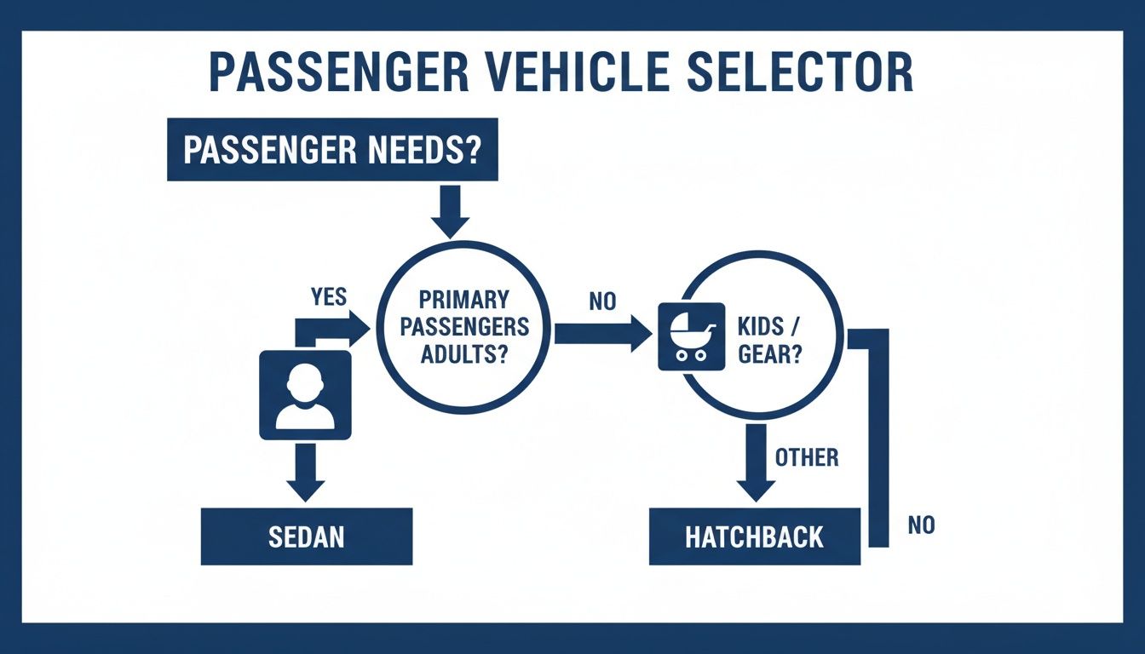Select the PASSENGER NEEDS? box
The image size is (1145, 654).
pos(332,150)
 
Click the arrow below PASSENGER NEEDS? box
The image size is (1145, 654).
pos(450,212)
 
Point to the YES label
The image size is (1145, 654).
pos(329,296)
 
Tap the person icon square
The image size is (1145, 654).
pos(305,395)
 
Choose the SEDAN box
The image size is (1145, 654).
pos(307,536)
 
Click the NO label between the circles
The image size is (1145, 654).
pos(601,302)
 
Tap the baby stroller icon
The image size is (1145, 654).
pos(691,336)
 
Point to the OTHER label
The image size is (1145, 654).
pos(807,457)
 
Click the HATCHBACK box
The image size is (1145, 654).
pos(755,536)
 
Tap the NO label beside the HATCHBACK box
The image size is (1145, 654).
pos(921,525)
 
